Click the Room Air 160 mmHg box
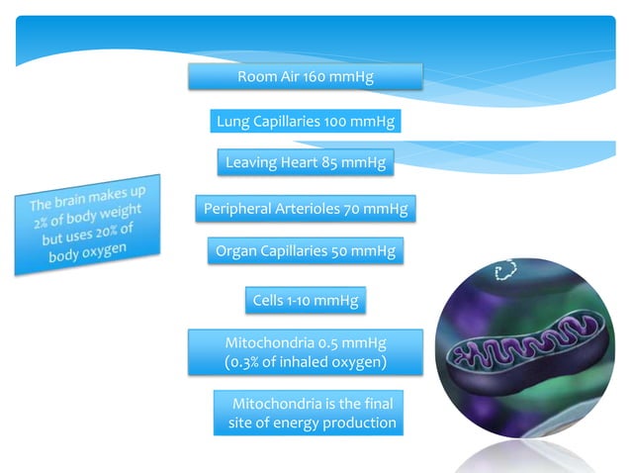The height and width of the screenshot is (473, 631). pos(305,76)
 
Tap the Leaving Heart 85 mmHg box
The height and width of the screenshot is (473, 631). pos(305,162)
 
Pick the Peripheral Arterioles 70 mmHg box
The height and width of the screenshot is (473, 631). pos(305,209)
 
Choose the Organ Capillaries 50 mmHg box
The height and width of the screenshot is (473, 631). pos(305,251)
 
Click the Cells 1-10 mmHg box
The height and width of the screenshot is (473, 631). pos(305,299)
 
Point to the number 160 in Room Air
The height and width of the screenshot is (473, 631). pos(318,76)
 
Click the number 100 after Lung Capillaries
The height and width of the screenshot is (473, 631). pos(336,122)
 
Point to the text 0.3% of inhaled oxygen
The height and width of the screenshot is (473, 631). pos(306,362)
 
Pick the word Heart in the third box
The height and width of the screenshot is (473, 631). pos(299,162)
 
